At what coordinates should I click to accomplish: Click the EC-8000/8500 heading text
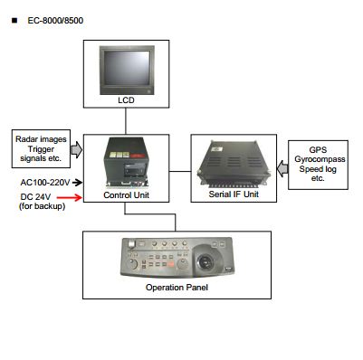tap(55, 21)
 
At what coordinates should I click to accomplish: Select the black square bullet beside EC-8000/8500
tap(14, 21)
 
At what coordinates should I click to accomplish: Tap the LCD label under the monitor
tap(126, 100)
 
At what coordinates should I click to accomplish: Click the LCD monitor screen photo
tap(127, 70)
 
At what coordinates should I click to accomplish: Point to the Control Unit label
tap(126, 195)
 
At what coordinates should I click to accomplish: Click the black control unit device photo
tap(127, 162)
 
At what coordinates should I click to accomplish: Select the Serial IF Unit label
tap(234, 194)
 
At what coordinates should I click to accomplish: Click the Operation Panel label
tap(177, 287)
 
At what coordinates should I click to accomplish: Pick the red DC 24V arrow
tap(70, 197)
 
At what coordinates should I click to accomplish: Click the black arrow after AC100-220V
tap(77, 182)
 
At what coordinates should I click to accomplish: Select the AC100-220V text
tap(45, 183)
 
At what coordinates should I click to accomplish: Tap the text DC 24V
tap(35, 197)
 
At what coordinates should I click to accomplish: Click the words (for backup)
tap(42, 206)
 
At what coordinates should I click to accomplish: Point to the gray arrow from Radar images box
tap(77, 149)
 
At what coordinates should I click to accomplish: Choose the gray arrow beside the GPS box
tap(282, 169)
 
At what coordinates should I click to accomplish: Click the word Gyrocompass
tap(320, 159)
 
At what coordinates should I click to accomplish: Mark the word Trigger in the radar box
tap(41, 149)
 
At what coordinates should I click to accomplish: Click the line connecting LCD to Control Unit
tap(126, 121)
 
